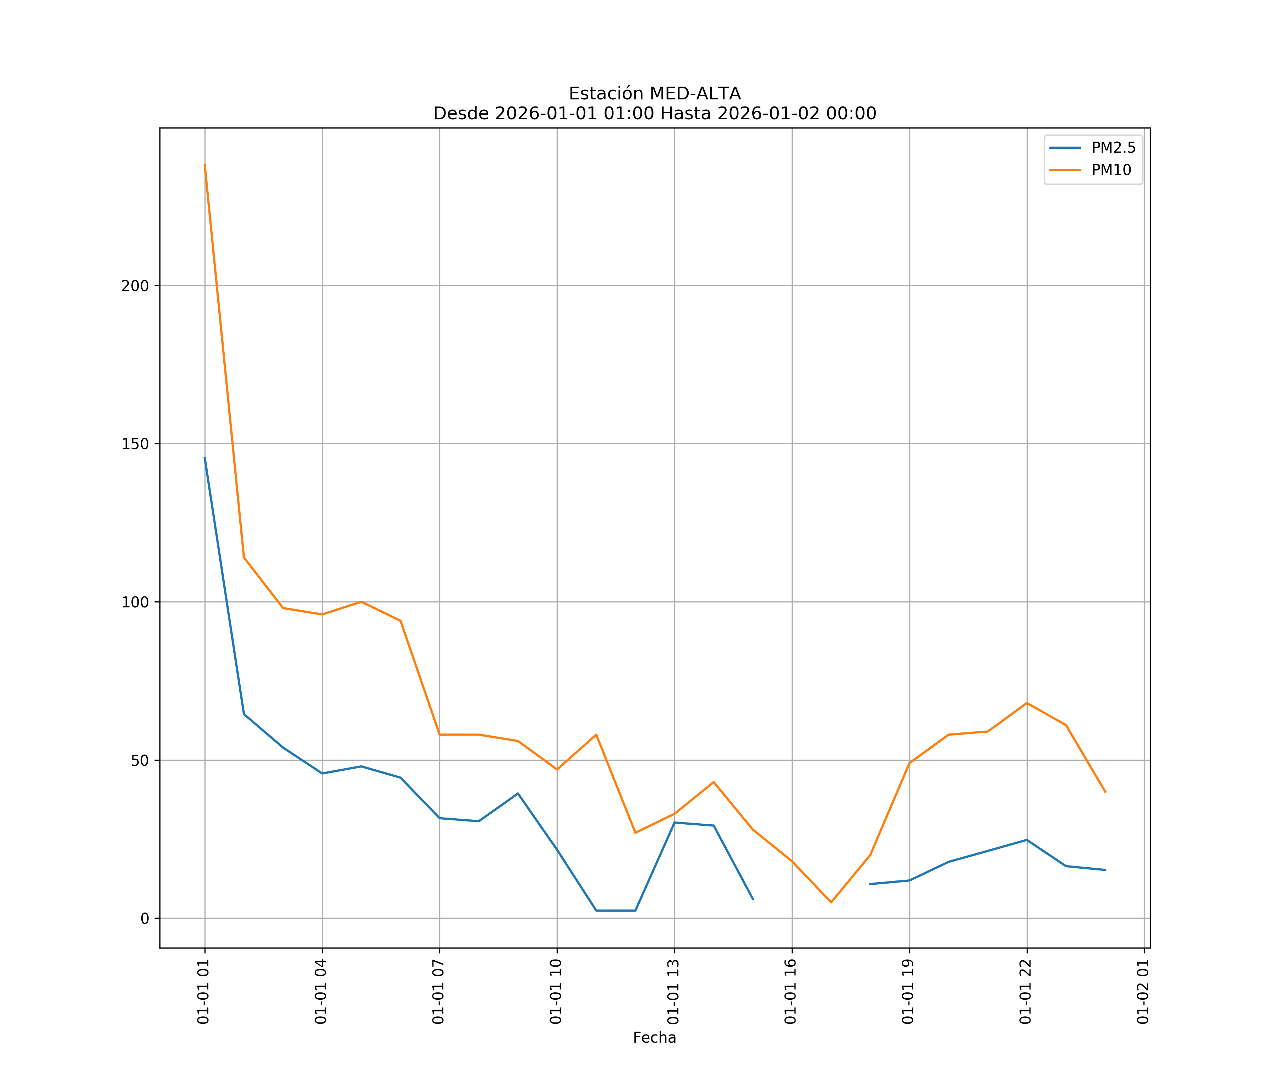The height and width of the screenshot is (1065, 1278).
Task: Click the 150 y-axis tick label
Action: (x=135, y=444)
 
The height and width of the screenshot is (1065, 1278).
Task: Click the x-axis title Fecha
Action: (x=654, y=1038)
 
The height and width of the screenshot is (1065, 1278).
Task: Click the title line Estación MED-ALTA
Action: (x=654, y=94)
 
